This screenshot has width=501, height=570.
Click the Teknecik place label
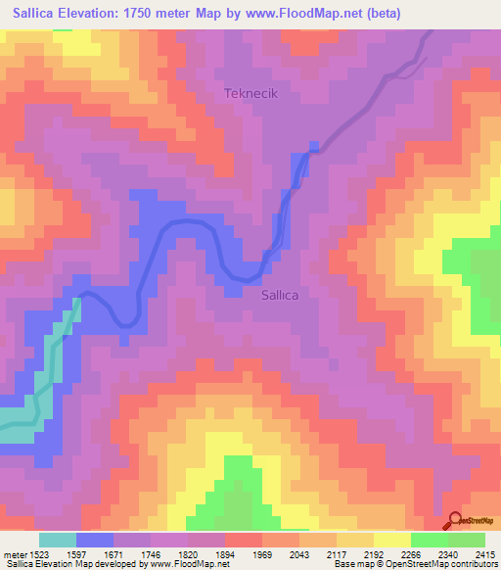coord(252,94)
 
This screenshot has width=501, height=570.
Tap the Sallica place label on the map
coord(286,293)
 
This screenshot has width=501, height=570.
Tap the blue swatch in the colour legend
coord(94,540)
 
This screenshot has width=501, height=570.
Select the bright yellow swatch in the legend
coord(391,540)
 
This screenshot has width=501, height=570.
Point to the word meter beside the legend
coord(15,553)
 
